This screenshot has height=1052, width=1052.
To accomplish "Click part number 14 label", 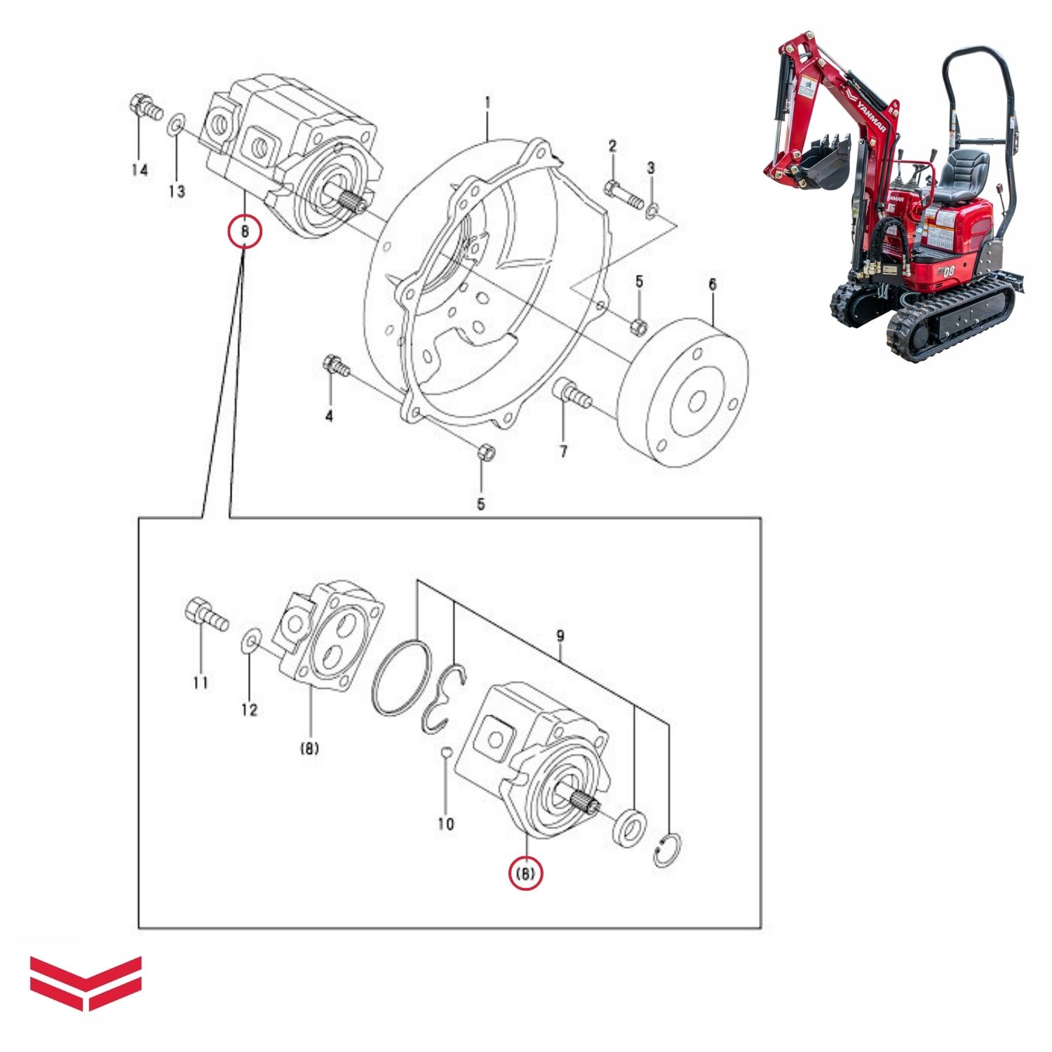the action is [x=140, y=170].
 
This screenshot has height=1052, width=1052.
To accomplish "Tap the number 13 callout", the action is [x=177, y=191].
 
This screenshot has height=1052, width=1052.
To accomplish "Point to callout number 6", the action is [x=713, y=285].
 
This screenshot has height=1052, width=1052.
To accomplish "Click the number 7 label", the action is [x=563, y=452].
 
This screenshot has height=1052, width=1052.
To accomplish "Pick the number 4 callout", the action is [x=329, y=417].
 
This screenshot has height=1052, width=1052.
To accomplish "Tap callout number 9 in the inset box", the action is [x=560, y=637].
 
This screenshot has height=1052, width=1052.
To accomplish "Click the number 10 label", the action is [x=446, y=824].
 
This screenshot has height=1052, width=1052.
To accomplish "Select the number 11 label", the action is [x=201, y=682].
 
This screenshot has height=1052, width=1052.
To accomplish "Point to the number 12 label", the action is [x=249, y=710].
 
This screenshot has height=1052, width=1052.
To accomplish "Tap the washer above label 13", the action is [x=176, y=126].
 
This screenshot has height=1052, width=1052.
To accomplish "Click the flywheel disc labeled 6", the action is [x=685, y=393].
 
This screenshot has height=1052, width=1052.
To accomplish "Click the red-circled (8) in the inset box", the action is [x=526, y=874].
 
